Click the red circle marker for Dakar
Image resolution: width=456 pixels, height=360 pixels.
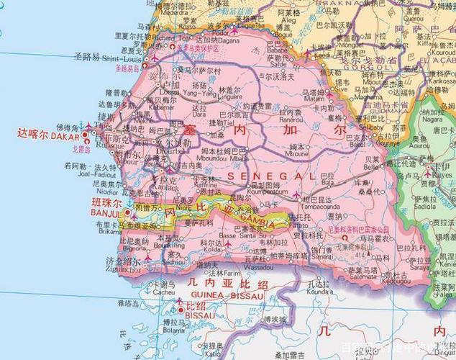pyautogui.click(x=88, y=133)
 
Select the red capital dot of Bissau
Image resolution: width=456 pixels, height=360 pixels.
pyautogui.click(x=180, y=310)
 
